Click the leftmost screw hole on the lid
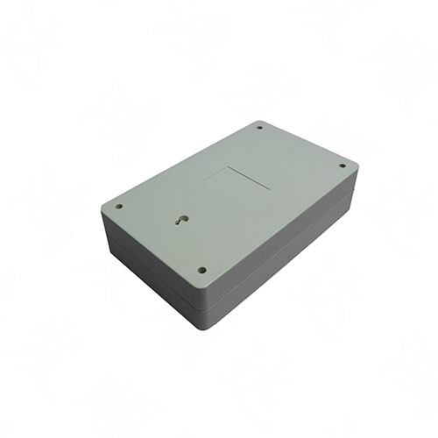point(119,207)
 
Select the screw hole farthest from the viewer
point(260,128)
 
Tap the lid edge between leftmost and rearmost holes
point(180,162)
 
